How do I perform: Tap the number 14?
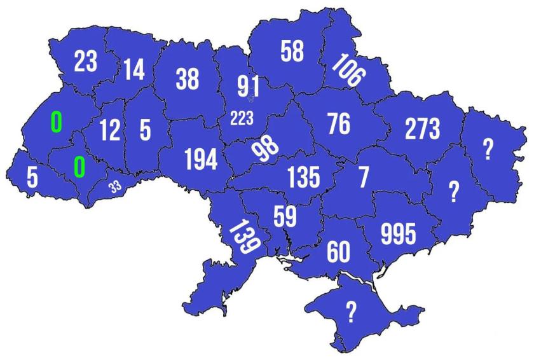point(134,70)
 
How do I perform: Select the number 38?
point(187,80)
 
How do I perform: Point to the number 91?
point(248,85)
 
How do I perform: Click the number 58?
point(292,52)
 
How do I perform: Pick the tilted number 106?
point(348,71)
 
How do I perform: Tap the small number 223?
point(242,118)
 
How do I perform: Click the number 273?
point(422,129)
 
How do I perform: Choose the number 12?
point(110,130)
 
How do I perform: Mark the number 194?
point(201,160)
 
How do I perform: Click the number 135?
point(303,177)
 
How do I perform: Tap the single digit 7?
point(363,177)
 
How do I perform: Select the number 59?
point(284,216)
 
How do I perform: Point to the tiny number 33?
point(115,186)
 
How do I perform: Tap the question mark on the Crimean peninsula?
point(350,311)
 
